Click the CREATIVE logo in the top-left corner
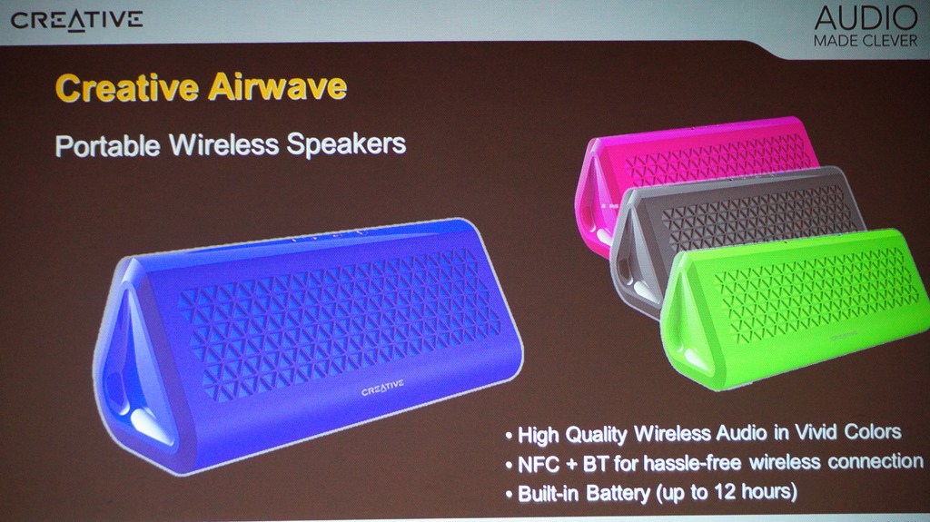point(76,21)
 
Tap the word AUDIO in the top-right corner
point(866,18)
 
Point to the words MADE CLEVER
point(866,41)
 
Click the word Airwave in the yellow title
point(277,87)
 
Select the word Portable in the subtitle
point(107,146)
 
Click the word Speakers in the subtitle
point(346,144)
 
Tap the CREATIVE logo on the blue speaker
point(382,388)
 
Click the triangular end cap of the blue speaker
point(133,368)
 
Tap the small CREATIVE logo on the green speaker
point(844,336)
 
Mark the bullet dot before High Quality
point(509,436)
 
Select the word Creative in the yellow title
point(127,88)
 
